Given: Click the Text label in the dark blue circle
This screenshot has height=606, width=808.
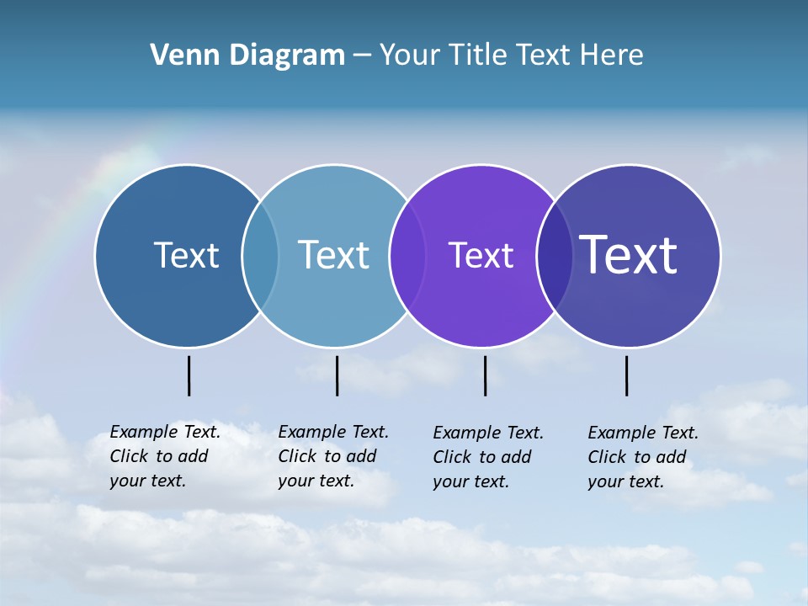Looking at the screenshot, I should point(186,255).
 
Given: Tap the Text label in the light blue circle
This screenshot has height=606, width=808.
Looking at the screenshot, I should point(333,255).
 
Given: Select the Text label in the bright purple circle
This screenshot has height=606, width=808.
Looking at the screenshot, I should point(481,255).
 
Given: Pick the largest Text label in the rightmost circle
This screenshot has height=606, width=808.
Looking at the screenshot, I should point(629,255).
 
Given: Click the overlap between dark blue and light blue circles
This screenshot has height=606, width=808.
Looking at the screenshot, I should point(260,255).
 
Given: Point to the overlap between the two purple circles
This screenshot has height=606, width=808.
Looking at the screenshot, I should point(555,255).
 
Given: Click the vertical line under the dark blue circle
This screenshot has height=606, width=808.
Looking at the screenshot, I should point(189,375).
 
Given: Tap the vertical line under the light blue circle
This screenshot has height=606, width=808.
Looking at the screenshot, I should point(337,375).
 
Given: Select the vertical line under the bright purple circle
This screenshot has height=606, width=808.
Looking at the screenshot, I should point(486,375).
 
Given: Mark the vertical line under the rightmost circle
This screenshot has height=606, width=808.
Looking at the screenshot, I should point(627,375).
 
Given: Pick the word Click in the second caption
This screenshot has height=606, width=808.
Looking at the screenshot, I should point(297,456).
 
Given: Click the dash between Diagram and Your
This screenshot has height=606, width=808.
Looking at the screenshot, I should point(362,56).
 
